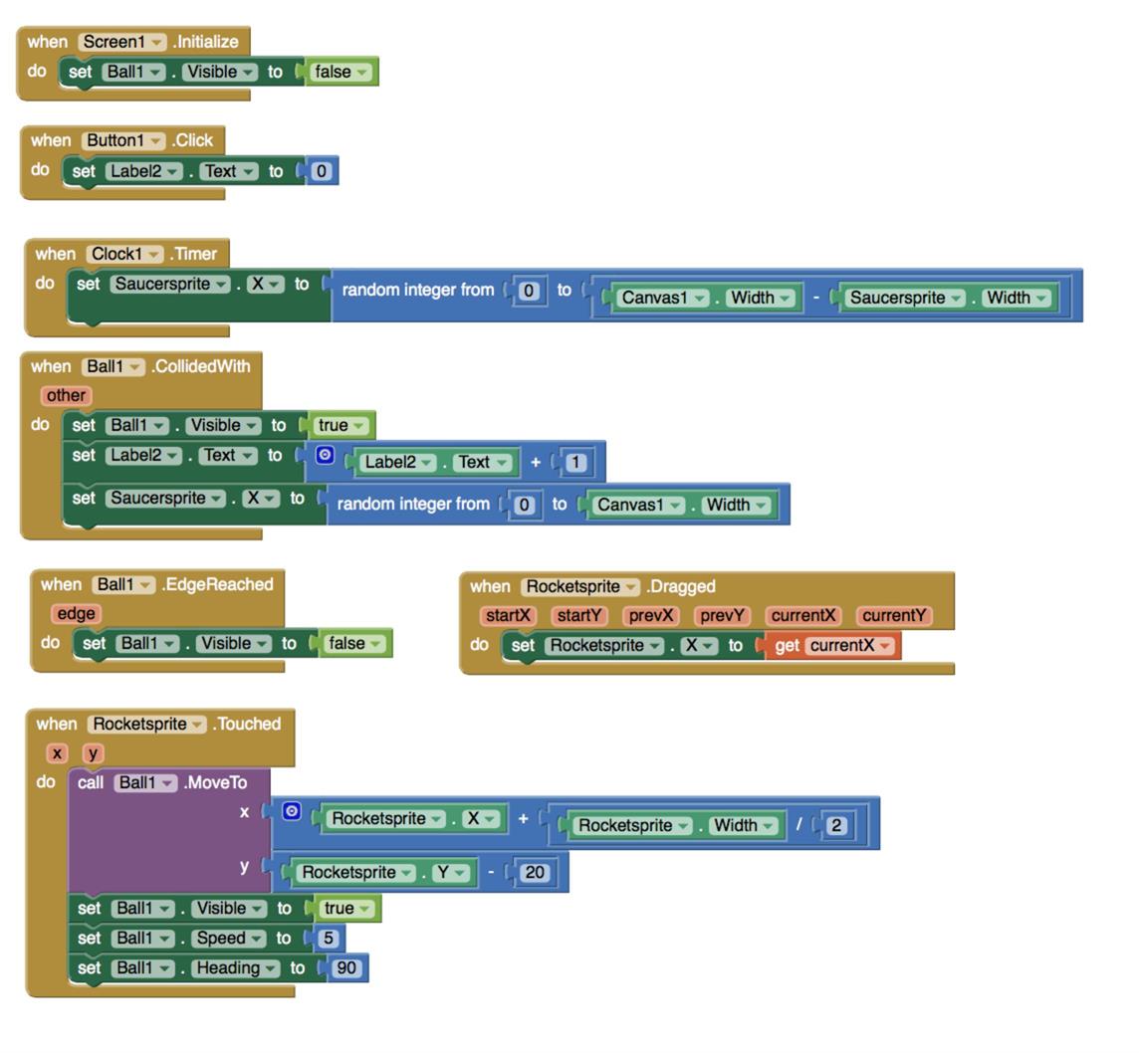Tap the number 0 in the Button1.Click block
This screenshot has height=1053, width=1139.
click(321, 171)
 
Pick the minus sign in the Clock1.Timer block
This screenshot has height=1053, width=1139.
click(816, 298)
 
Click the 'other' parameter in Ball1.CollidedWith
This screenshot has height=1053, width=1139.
click(66, 395)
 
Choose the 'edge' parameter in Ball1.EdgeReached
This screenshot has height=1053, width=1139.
click(76, 613)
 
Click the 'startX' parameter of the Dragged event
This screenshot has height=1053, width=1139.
click(508, 615)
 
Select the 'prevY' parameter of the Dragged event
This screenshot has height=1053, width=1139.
click(721, 615)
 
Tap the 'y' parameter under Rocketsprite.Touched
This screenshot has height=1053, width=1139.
click(93, 752)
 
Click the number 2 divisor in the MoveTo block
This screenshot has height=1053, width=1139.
click(835, 825)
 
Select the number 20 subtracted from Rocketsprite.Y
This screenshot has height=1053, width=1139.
click(535, 872)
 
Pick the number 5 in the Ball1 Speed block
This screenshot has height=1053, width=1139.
click(328, 938)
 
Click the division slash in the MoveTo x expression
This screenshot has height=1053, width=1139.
click(798, 824)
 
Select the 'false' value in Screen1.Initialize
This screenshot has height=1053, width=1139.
click(342, 72)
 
